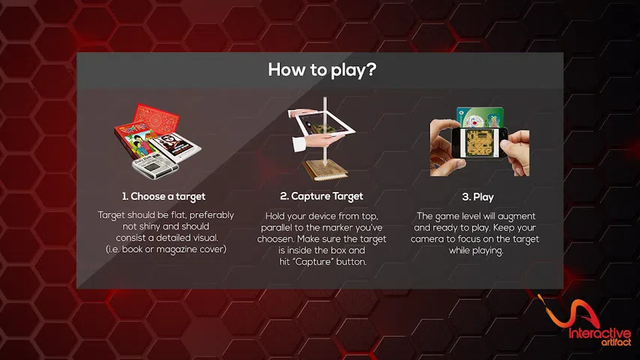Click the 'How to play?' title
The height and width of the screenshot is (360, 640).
pos(322,70)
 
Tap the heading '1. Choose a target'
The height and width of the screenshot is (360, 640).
pos(164,196)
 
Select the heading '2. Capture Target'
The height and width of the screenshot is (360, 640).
pos(322,196)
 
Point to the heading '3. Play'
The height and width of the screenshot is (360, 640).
pos(478,197)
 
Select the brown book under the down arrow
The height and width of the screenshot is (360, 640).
pos(325,170)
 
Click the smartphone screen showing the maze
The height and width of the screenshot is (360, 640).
pos(479,142)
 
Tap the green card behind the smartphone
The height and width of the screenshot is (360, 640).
pos(480,117)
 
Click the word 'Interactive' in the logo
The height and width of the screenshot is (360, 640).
pos(600,333)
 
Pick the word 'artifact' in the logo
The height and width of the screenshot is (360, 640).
pos(616,342)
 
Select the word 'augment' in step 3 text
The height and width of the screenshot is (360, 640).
pos(516,217)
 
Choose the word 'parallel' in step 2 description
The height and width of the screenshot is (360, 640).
pos(277,227)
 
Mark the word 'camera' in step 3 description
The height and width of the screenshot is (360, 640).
pos(426,239)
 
